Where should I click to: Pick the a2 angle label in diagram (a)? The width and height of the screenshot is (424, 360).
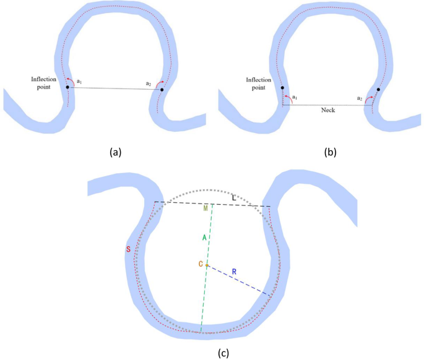click(149, 84)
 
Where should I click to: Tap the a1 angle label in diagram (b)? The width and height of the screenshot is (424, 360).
click(295, 98)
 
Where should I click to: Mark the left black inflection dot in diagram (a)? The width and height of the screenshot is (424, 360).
click(68, 87)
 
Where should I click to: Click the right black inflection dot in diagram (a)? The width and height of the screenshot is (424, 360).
click(162, 90)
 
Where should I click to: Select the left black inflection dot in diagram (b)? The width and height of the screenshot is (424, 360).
click(282, 88)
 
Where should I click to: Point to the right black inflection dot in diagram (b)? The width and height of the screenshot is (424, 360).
click(378, 89)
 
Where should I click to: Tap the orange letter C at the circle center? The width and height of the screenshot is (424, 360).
click(201, 264)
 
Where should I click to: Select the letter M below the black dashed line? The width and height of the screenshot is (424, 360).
click(206, 208)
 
